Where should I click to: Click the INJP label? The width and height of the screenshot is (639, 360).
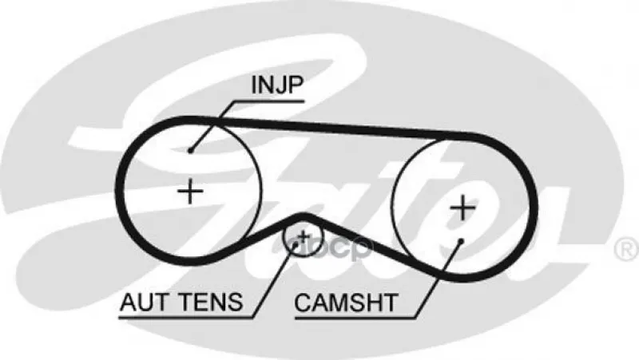click(x=277, y=85)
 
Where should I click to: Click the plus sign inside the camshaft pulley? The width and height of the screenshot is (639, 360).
click(x=462, y=207)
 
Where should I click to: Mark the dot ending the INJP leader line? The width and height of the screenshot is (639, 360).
click(x=190, y=149)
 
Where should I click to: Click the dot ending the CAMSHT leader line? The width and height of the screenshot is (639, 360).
click(x=461, y=239)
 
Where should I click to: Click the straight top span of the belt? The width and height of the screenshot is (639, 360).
click(x=335, y=128)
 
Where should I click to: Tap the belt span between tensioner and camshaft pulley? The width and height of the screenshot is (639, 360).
click(x=355, y=239)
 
